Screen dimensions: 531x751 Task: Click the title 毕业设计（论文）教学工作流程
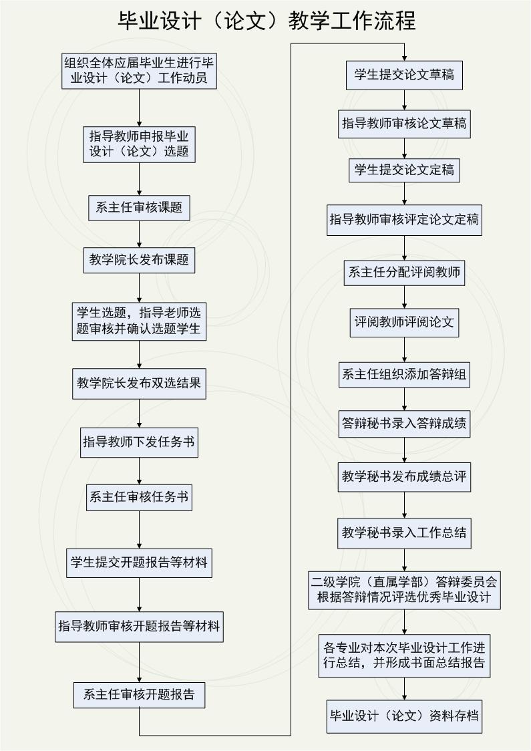267,21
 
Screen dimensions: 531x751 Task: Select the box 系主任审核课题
140,207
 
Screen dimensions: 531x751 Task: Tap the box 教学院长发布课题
140,260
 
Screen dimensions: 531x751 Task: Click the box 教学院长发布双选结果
140,383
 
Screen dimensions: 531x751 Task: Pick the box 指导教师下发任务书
140,442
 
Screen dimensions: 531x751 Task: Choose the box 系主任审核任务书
140,497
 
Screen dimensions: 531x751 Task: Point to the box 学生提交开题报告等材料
140,563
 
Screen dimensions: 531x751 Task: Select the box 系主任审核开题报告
140,695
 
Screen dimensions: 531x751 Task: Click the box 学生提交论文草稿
405,76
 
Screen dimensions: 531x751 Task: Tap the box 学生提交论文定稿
405,170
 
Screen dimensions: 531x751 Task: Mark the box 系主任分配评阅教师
405,273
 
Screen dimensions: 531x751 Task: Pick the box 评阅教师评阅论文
405,322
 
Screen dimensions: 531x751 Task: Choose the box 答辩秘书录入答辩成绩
405,424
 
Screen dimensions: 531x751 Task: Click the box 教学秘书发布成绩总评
405,477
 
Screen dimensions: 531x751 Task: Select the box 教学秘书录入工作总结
405,533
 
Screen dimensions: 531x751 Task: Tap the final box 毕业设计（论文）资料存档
405,716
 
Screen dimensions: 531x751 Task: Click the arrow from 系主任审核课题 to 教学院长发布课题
140,235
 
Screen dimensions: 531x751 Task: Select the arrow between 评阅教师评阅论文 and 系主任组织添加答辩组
405,349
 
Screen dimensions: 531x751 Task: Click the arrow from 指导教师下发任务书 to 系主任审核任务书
140,471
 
